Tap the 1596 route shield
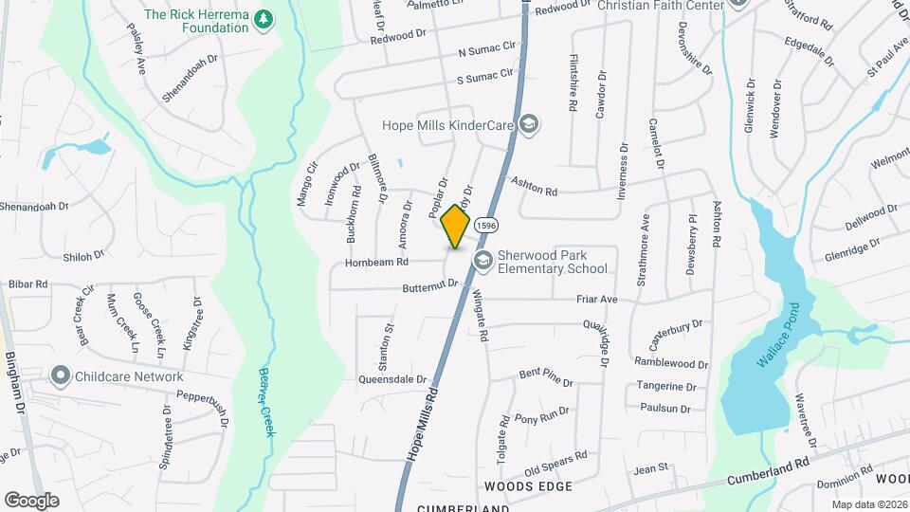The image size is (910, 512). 486,225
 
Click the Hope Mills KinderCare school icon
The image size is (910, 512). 529,124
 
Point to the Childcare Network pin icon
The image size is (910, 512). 62,376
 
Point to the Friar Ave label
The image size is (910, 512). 597,299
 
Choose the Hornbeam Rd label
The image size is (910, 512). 376,262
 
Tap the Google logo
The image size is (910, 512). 31,500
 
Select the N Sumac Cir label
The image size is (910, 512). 490,47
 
